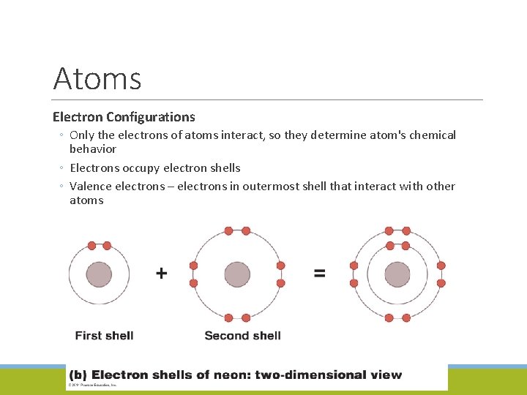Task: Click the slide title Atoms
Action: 97,78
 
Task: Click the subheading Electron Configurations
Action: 124,117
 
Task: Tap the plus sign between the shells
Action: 162,274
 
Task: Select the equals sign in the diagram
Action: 320,274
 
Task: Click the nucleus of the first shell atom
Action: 99,275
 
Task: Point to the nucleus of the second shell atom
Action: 237,275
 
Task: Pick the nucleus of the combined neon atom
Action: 397,275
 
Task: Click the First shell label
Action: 104,336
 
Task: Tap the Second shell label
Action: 242,336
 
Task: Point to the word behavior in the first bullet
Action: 93,149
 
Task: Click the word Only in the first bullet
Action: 82,135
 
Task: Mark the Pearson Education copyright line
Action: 94,385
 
